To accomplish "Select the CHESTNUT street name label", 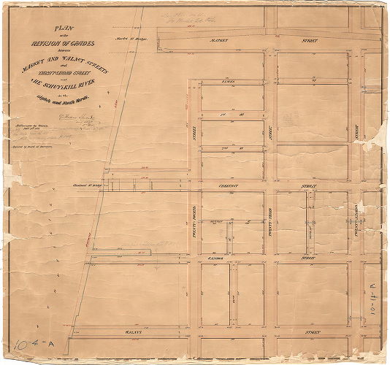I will pos(228,187).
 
